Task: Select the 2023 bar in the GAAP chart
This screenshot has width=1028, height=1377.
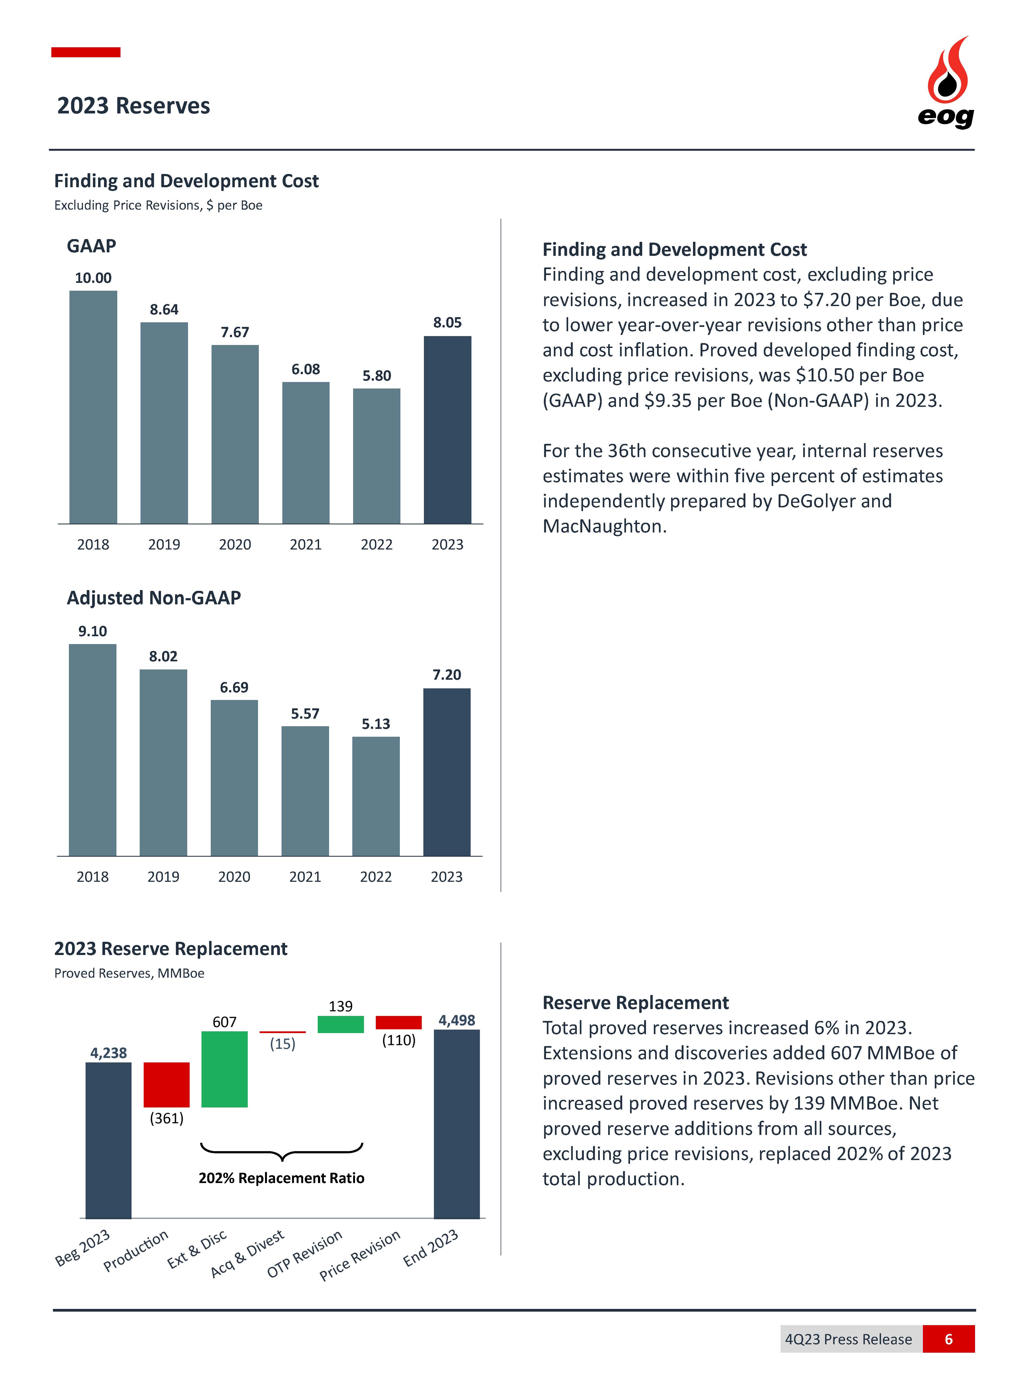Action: [447, 429]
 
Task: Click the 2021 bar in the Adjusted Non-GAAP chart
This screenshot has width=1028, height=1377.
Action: [305, 790]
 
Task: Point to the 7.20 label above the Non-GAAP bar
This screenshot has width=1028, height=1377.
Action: [447, 675]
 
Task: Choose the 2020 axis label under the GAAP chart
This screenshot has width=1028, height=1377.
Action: [235, 544]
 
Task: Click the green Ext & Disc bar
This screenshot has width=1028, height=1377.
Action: [225, 1069]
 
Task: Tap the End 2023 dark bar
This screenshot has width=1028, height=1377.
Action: [457, 1123]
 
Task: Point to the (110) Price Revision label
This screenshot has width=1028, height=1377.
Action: [398, 1040]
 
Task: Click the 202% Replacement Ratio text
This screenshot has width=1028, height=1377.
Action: [281, 1178]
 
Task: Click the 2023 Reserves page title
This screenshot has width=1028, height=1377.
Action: [134, 106]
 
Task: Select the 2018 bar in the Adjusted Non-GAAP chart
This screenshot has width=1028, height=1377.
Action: [93, 750]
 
